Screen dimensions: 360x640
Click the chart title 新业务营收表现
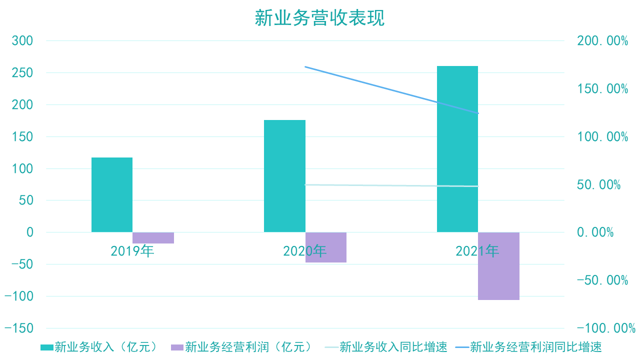point(319,18)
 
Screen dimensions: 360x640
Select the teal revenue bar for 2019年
point(112,195)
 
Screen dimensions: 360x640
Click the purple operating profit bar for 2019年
point(153,238)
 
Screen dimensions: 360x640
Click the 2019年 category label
point(132,250)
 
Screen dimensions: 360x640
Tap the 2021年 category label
point(477,250)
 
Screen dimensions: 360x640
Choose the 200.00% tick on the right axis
point(602,41)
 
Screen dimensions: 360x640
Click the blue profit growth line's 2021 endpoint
point(478,113)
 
